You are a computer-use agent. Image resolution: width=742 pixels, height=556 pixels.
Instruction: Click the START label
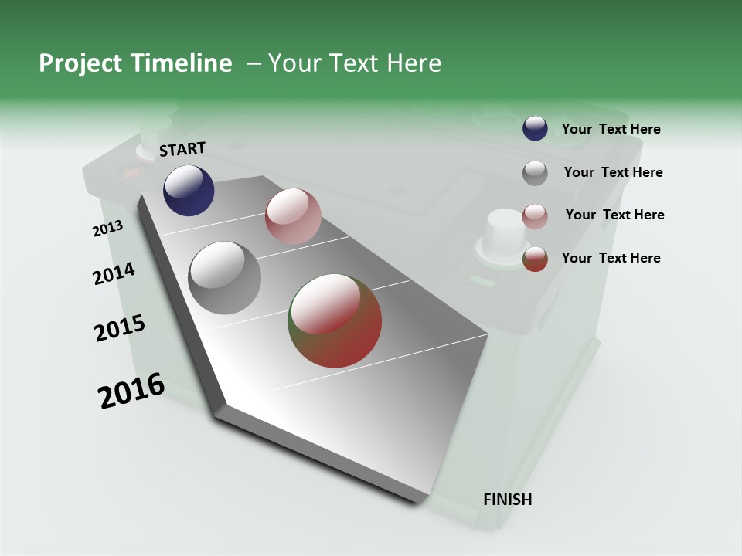click(182, 149)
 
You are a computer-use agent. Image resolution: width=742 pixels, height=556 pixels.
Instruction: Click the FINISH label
click(507, 500)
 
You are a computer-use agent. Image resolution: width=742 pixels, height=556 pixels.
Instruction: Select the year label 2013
click(107, 229)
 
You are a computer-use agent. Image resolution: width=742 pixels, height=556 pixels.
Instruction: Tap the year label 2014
click(114, 273)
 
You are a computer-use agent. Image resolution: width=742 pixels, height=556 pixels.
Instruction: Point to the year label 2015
click(120, 328)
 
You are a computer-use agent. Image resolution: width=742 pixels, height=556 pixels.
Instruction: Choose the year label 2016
click(131, 391)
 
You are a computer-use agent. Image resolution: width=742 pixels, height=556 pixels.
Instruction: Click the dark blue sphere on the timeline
click(189, 191)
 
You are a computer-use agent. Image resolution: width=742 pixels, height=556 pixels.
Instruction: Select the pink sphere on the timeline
click(293, 216)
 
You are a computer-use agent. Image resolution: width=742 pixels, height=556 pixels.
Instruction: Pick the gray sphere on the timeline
click(225, 278)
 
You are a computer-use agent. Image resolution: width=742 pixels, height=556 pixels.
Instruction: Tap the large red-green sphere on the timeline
click(335, 320)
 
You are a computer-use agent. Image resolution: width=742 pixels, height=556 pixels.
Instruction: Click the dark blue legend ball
click(535, 128)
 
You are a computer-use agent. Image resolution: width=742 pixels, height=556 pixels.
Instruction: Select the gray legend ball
click(535, 173)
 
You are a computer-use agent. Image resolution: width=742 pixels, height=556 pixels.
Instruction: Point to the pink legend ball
click(535, 216)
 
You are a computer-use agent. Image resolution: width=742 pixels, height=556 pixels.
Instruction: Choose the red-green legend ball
click(535, 259)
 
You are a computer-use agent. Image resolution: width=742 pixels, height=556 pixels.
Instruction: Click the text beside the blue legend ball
click(611, 129)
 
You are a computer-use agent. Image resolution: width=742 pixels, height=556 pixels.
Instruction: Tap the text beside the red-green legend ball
click(611, 258)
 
